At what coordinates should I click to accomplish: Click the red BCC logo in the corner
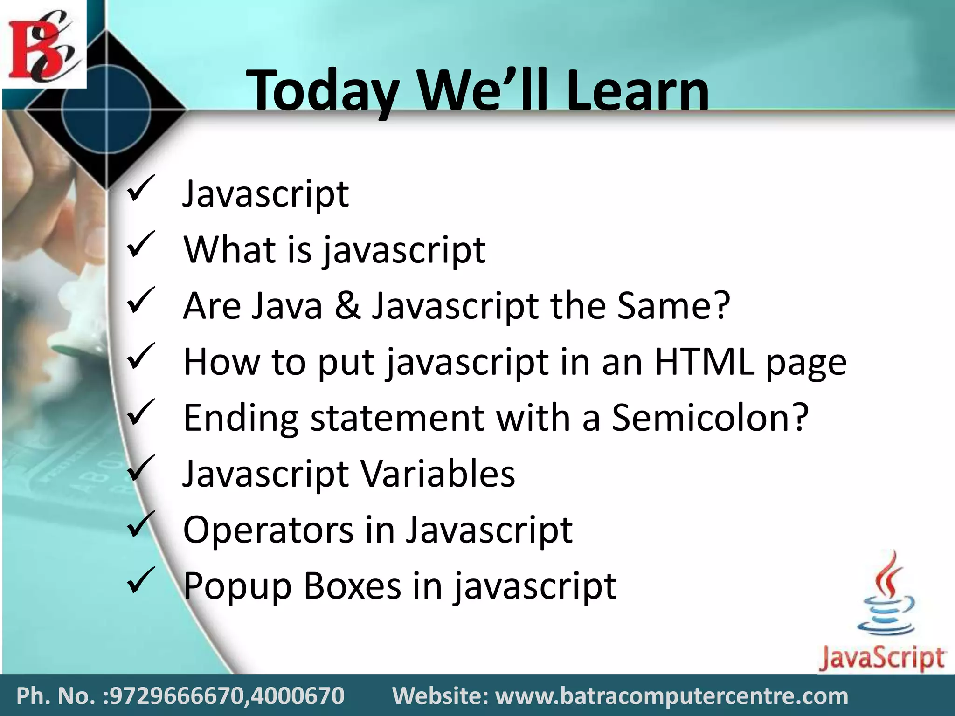pos(43,45)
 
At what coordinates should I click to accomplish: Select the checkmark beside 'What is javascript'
pos(139,246)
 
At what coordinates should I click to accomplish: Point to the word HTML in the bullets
pos(704,362)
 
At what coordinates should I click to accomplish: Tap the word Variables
pos(438,474)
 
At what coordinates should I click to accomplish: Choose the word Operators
pos(268,530)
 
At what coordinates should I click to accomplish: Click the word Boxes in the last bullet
pos(353,585)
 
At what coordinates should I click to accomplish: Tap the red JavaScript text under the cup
pos(881,658)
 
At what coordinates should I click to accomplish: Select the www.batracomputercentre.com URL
pos(671,696)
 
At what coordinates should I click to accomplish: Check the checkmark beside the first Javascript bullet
pos(139,189)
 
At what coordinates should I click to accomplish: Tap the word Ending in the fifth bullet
pos(241,418)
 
